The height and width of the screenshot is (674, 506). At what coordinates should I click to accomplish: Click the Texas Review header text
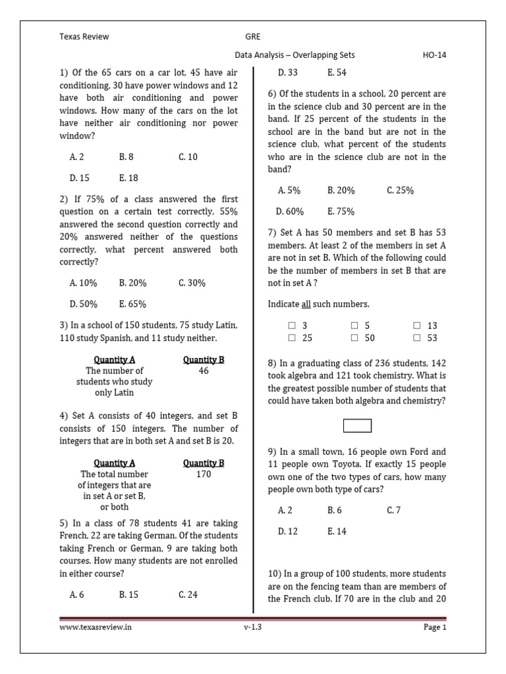[x=84, y=37]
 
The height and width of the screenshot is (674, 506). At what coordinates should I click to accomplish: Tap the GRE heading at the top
[x=254, y=37]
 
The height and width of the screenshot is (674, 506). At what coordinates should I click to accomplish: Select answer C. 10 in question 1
[x=188, y=157]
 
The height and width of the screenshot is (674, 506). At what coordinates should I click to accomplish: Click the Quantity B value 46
[x=204, y=371]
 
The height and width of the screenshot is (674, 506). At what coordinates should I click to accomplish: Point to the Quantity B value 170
[x=204, y=475]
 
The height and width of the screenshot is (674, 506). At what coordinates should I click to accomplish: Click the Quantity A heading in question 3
[x=115, y=360]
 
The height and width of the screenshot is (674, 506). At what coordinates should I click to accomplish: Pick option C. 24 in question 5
[x=188, y=594]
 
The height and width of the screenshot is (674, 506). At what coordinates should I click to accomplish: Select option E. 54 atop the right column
[x=337, y=72]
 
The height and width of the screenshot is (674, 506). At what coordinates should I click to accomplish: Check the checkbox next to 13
[x=417, y=326]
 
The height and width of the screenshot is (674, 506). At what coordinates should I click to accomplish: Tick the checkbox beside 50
[x=354, y=338]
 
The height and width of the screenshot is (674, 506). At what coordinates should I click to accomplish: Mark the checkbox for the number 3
[x=292, y=326]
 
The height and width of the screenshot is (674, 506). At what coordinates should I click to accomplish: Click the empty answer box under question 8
[x=357, y=426]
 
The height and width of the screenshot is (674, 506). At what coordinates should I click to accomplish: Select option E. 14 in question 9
[x=337, y=531]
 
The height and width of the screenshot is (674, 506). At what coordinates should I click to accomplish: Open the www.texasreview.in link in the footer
[x=96, y=627]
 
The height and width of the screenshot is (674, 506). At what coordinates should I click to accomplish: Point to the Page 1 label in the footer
[x=435, y=627]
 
